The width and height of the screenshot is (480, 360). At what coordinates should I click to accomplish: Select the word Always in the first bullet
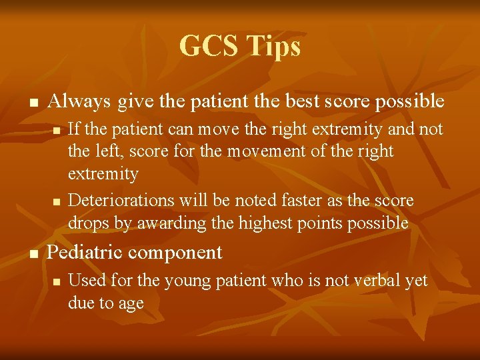(80, 101)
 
